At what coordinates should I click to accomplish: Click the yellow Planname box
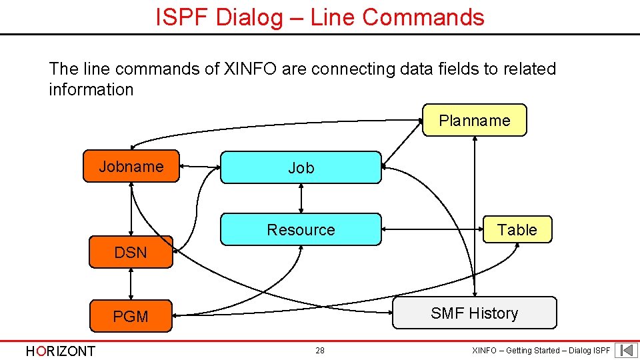coord(474,120)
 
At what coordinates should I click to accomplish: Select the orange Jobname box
coord(131,166)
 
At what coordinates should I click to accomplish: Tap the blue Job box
coord(301,167)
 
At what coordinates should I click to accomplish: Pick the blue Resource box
coord(301,229)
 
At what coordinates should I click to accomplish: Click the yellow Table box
coord(517,229)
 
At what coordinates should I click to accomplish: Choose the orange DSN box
coord(131,252)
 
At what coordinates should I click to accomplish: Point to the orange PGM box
coord(131,316)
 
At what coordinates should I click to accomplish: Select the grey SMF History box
coord(474,313)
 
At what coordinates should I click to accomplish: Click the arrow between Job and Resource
coord(301,198)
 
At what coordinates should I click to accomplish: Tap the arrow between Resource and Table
coord(432,229)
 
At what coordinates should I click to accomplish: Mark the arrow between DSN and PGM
coord(131,284)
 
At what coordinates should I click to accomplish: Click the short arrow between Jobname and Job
coord(200,167)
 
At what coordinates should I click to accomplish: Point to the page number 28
coord(320,351)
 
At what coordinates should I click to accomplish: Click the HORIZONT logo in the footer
coord(60,351)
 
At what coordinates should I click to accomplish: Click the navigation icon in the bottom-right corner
coord(626,351)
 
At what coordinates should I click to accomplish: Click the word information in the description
coord(91,89)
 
